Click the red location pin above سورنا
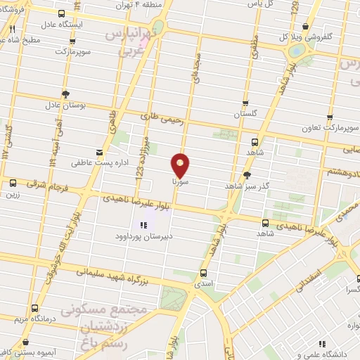click(181, 164)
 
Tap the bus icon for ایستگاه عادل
click(62, 13)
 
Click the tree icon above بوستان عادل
click(65, 94)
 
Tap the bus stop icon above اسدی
click(204, 273)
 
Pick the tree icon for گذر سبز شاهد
click(247, 175)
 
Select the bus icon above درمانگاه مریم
click(35, 307)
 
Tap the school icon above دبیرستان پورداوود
click(143, 225)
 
